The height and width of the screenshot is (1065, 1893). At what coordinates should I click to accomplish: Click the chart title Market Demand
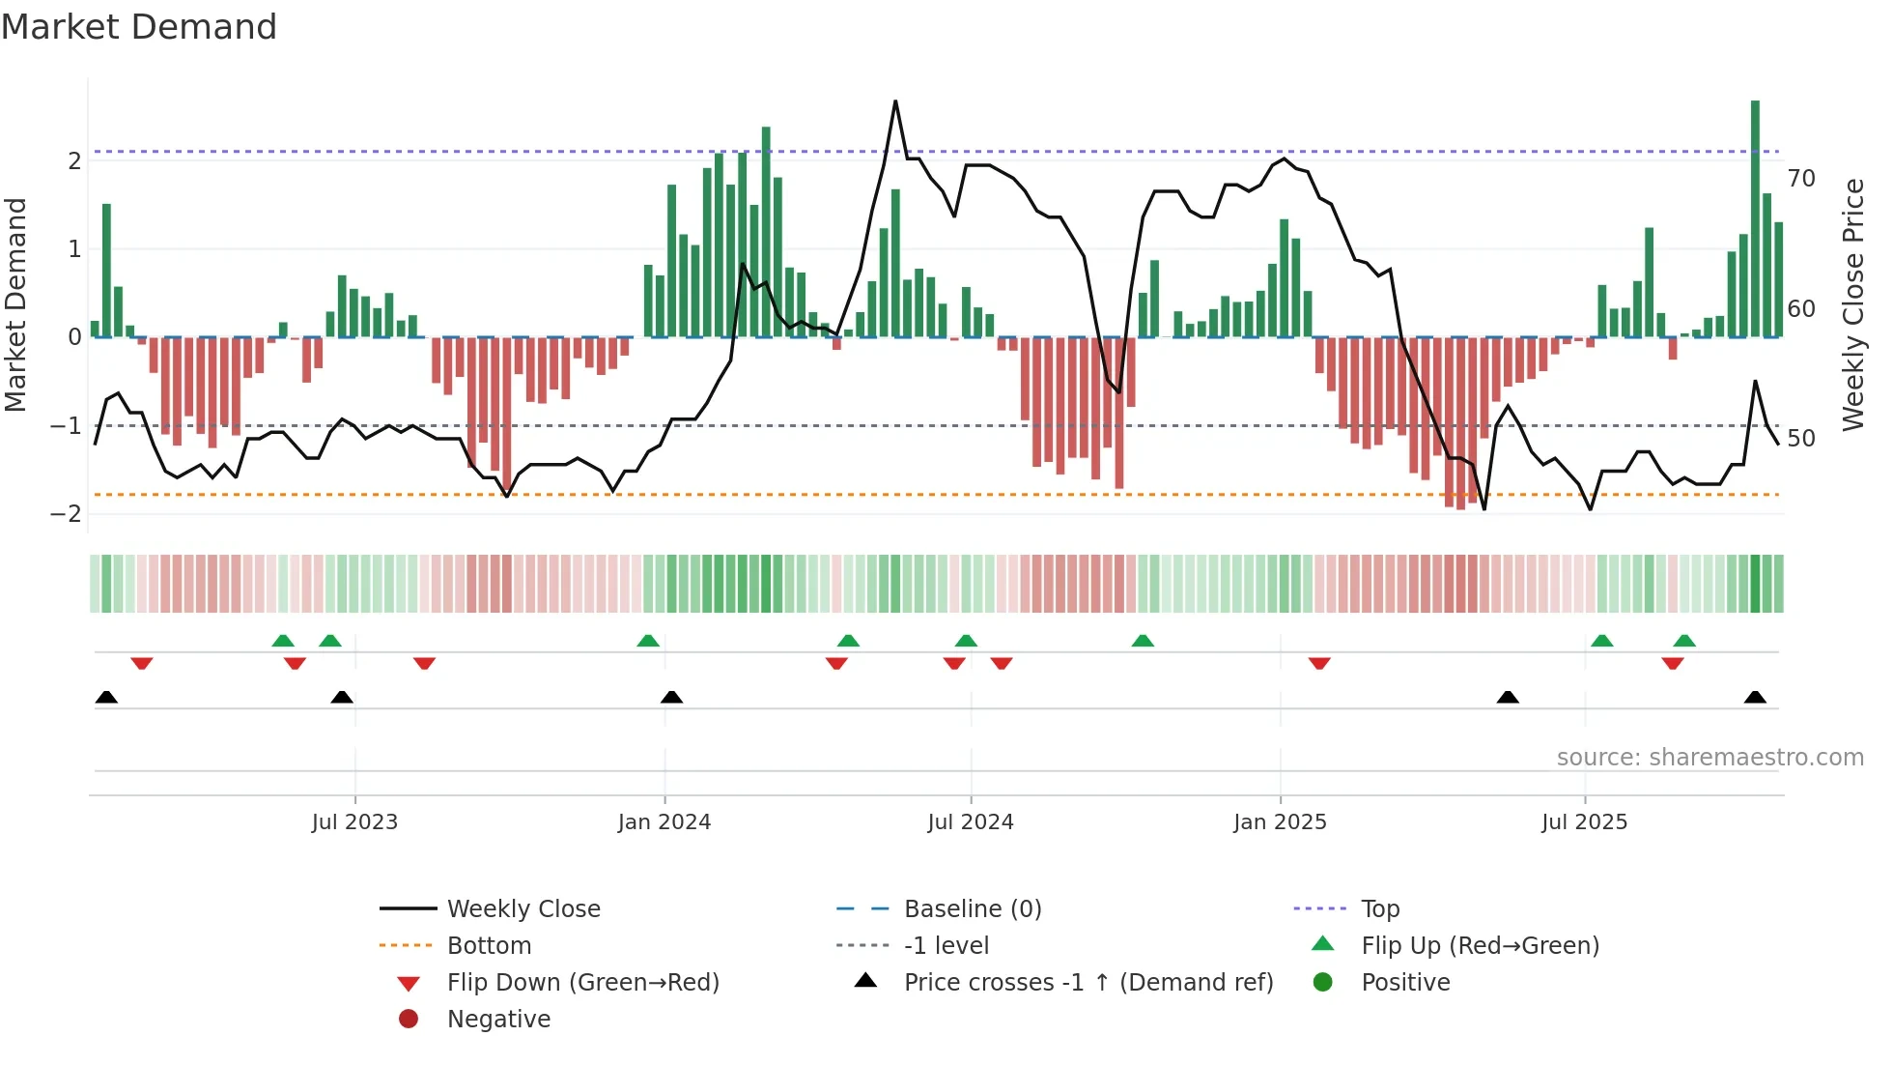pyautogui.click(x=139, y=27)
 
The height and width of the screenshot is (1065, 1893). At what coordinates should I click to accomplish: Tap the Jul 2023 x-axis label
pyautogui.click(x=354, y=822)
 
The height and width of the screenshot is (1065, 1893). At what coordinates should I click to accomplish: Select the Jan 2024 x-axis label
pyautogui.click(x=664, y=822)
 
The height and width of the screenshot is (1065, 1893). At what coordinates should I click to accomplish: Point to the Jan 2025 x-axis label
pyautogui.click(x=1280, y=822)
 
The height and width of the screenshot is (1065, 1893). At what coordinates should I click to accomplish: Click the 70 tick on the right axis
pyautogui.click(x=1801, y=179)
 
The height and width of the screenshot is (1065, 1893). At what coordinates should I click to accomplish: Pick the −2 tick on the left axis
pyautogui.click(x=66, y=514)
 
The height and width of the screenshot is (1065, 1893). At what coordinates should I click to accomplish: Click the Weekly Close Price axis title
pyautogui.click(x=1852, y=304)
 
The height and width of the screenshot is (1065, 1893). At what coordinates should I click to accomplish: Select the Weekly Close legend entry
pyautogui.click(x=523, y=909)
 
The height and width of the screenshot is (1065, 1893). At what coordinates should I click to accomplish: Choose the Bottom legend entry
pyautogui.click(x=489, y=946)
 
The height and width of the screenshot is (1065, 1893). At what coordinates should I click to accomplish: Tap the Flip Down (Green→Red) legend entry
pyautogui.click(x=582, y=983)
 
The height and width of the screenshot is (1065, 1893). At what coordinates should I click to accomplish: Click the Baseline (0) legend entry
pyautogui.click(x=972, y=909)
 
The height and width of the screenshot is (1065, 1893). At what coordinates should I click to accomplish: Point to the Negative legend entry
pyautogui.click(x=498, y=1020)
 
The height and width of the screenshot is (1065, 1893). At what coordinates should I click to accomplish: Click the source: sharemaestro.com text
pyautogui.click(x=1709, y=758)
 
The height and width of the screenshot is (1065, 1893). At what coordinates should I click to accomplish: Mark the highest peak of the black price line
pyautogui.click(x=895, y=101)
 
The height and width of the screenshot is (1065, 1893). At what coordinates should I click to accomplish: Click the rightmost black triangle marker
pyautogui.click(x=1755, y=698)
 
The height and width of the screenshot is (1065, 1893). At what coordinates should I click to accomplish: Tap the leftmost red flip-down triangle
pyautogui.click(x=142, y=663)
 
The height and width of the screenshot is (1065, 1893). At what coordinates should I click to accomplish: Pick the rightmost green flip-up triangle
pyautogui.click(x=1684, y=641)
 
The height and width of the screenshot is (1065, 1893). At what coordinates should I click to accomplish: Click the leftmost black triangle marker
pyautogui.click(x=107, y=698)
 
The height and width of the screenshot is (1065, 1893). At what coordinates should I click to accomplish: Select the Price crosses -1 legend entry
pyautogui.click(x=1088, y=983)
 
